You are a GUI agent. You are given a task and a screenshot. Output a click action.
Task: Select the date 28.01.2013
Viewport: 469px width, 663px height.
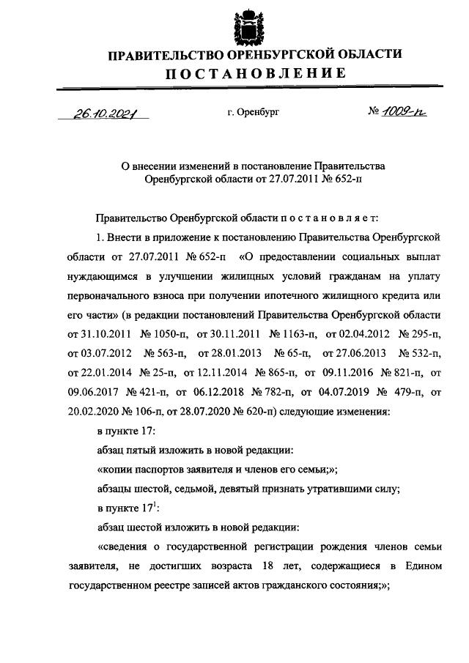(x=225, y=354)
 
